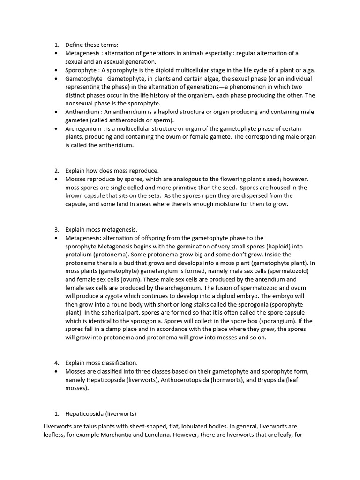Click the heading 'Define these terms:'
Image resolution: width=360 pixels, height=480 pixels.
92,45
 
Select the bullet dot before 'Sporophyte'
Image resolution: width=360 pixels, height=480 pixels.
56,70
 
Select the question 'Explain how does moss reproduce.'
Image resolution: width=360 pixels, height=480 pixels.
112,171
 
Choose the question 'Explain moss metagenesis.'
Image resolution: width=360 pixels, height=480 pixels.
101,230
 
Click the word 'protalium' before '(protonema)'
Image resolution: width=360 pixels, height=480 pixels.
78,255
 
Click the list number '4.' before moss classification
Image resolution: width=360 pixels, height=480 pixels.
56,363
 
